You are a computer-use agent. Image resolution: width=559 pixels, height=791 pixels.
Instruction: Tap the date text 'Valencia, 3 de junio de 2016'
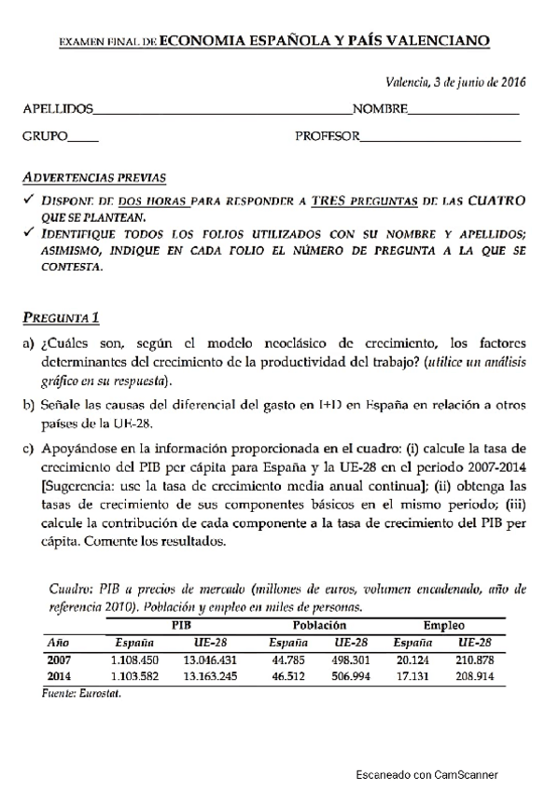click(456, 81)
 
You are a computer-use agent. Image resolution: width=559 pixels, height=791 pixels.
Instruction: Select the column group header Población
click(320, 626)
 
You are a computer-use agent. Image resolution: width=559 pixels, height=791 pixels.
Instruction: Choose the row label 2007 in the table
click(59, 659)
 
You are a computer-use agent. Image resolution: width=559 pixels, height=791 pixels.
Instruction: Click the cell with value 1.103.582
click(134, 675)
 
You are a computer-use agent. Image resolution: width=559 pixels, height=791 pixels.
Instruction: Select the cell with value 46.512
click(287, 675)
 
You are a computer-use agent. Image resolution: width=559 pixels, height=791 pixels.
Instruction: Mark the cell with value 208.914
click(473, 675)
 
